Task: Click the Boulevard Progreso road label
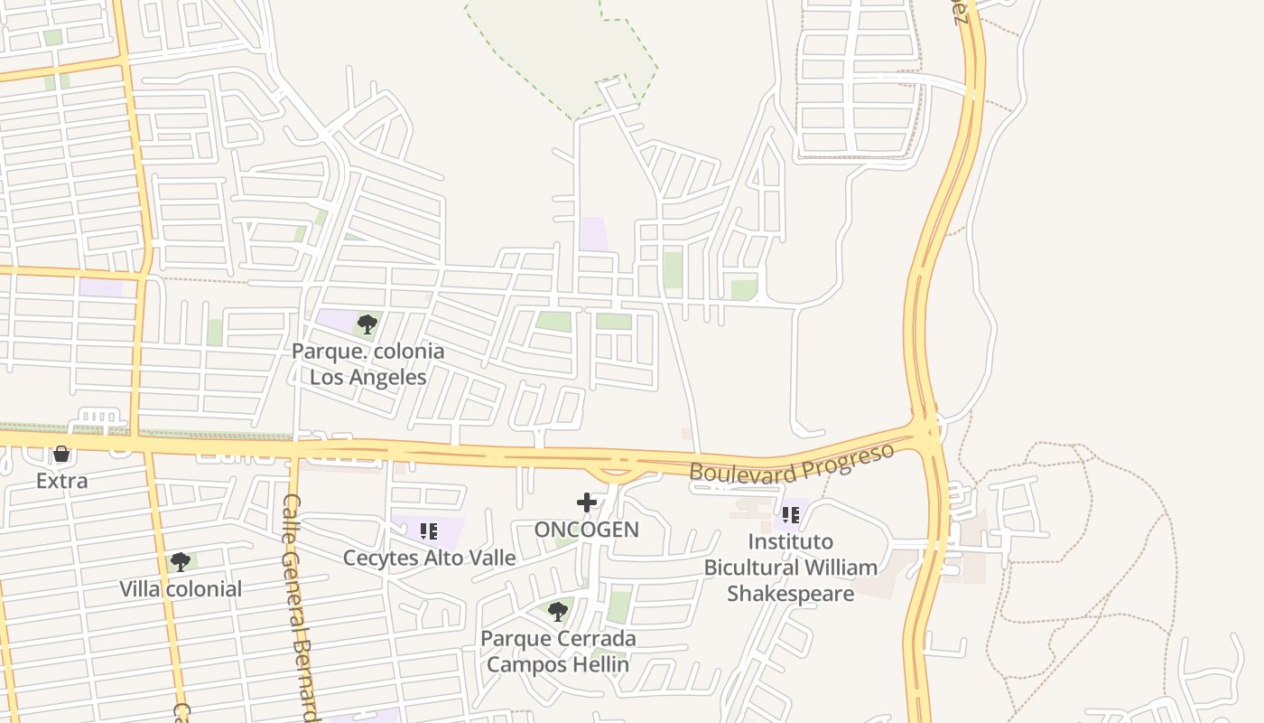(x=791, y=463)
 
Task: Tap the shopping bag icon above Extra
(x=61, y=454)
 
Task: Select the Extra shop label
(x=61, y=481)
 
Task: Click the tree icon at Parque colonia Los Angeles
(x=367, y=324)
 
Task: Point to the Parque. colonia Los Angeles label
(x=367, y=363)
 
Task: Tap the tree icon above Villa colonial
(x=181, y=562)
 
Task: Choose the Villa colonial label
(x=181, y=589)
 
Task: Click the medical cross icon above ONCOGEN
(x=587, y=502)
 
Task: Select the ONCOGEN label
(x=587, y=530)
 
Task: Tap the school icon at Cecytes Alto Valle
(x=429, y=531)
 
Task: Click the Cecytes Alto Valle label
(x=429, y=558)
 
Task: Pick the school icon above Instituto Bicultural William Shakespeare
(x=791, y=515)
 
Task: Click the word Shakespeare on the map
(x=791, y=594)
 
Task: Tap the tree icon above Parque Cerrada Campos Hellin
(x=558, y=612)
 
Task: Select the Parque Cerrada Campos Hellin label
(x=558, y=652)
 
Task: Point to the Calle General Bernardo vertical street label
(x=300, y=606)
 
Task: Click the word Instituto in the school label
(x=791, y=541)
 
